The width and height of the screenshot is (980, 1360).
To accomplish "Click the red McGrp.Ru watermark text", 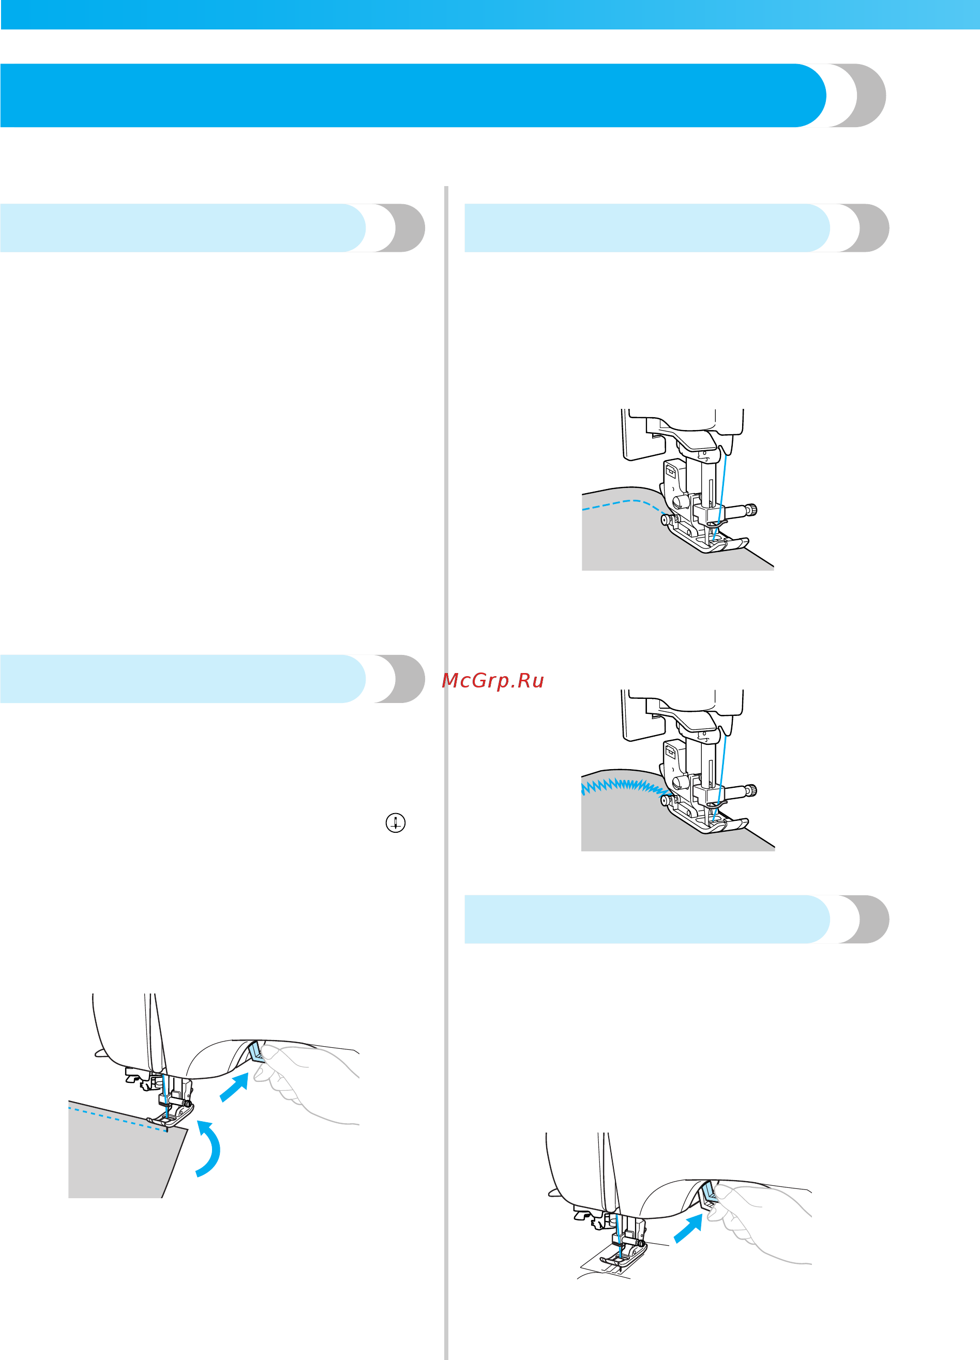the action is (492, 681).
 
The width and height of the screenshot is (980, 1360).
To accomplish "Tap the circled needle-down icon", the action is (395, 823).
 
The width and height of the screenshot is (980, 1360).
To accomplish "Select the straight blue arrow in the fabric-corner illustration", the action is (234, 1088).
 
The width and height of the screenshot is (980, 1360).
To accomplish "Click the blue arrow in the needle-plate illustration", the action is (688, 1229).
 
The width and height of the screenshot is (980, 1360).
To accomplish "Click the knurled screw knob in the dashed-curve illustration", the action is (751, 510).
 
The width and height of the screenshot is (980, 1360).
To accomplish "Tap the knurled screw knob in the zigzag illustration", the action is (751, 791).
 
